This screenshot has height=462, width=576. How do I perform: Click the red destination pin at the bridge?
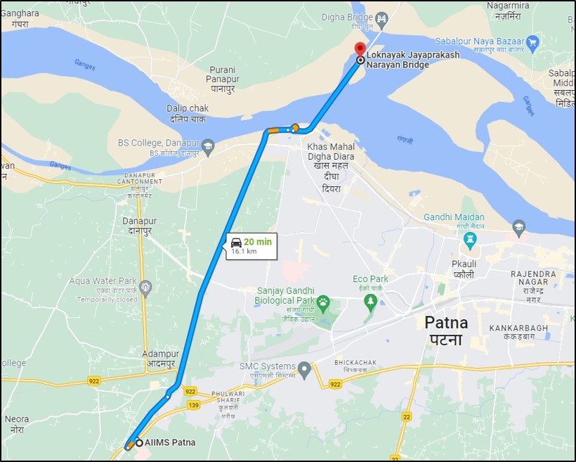click(x=360, y=50)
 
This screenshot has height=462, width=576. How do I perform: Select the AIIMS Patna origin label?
click(x=169, y=442)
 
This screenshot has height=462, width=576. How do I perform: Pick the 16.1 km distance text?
click(x=244, y=251)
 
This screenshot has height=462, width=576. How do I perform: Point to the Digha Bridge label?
click(x=347, y=17)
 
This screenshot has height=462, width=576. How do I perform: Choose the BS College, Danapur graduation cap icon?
click(x=208, y=147)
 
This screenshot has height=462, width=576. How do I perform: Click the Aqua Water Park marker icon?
click(x=145, y=287)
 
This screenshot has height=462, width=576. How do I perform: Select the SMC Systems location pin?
click(x=304, y=368)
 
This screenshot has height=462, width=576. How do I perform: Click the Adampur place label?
click(x=158, y=359)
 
